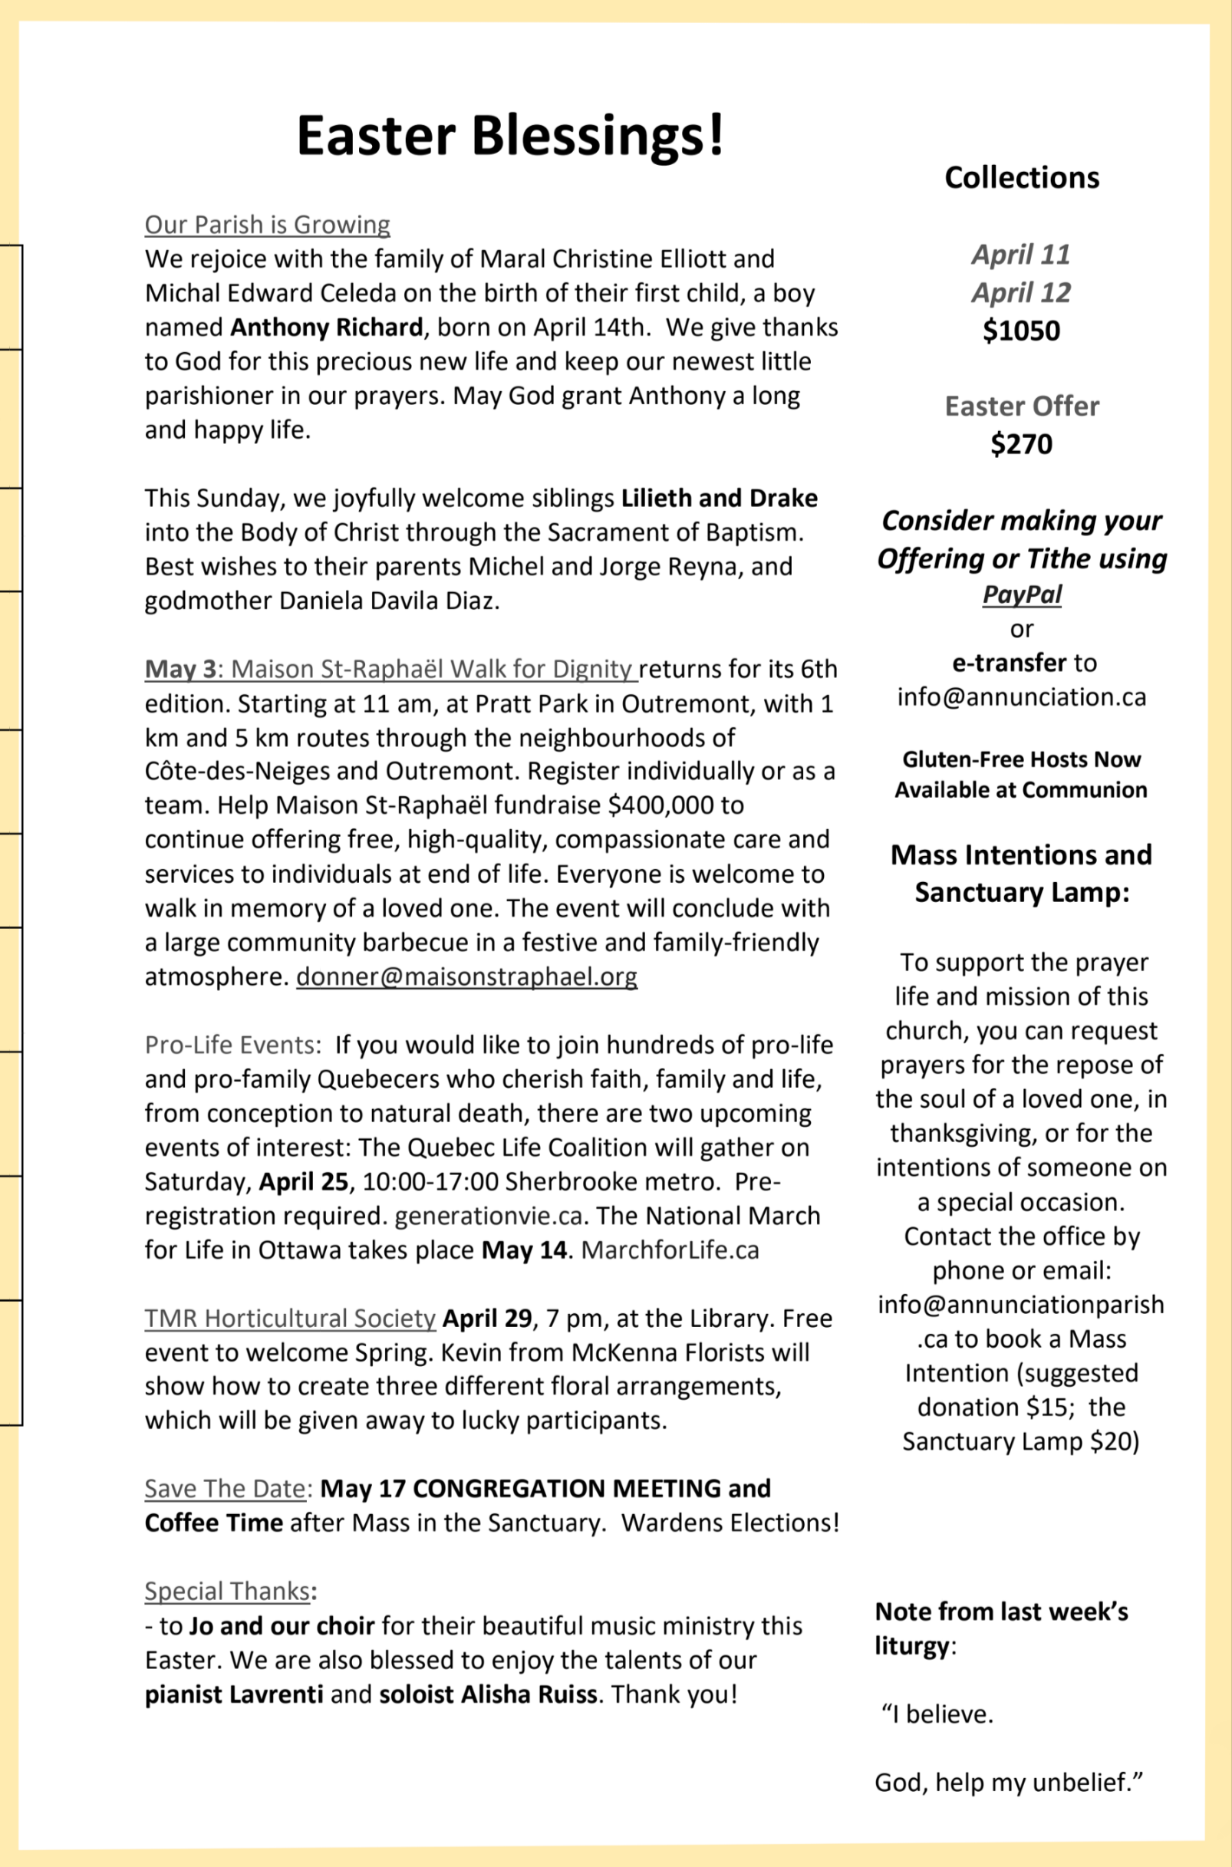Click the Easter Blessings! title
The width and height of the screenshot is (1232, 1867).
[x=510, y=135]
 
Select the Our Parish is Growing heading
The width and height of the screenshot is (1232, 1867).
[x=267, y=225]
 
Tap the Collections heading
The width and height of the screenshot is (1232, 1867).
[x=1022, y=177]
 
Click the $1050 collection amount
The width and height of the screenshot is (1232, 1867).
[x=1022, y=331]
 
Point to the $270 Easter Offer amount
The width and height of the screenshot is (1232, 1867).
[x=1022, y=444]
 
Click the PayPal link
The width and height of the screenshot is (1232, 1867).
[x=1022, y=594]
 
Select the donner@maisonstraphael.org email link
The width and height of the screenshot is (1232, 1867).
[x=466, y=976]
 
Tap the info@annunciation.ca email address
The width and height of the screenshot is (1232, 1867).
[x=1022, y=696]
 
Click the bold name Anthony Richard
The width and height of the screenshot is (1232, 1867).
[x=326, y=327]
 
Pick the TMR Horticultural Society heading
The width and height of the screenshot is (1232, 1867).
[x=290, y=1318]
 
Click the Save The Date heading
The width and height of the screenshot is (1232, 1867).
[x=225, y=1488]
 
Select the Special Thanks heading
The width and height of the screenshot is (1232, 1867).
[x=227, y=1591]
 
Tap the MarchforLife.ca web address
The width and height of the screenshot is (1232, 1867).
[x=670, y=1250]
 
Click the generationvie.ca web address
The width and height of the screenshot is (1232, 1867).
[x=488, y=1216]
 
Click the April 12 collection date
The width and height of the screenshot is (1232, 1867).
[x=1022, y=292]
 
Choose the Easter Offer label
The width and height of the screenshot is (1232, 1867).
[x=1022, y=406]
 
